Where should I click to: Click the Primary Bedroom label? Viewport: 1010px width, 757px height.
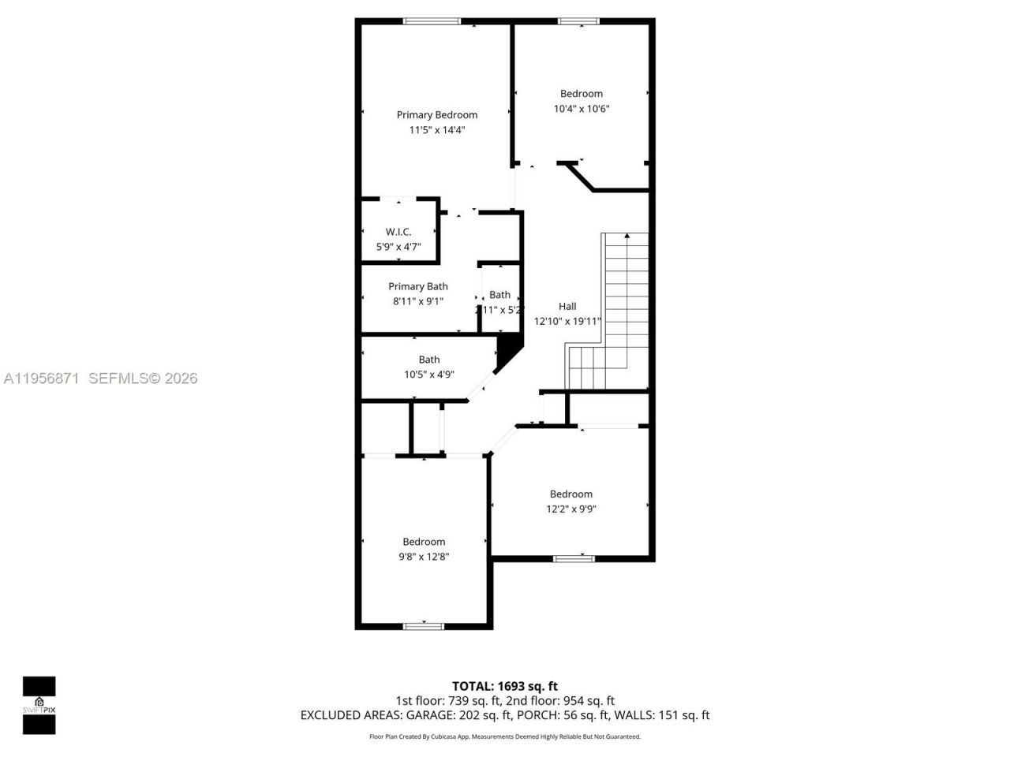(x=436, y=115)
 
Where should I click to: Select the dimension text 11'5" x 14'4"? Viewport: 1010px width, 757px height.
(x=436, y=130)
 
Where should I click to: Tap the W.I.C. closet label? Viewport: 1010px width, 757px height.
(x=398, y=232)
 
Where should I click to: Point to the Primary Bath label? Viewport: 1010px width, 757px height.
(x=417, y=286)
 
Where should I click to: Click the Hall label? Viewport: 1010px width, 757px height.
(x=567, y=306)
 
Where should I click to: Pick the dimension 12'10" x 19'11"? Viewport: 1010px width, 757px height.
(x=567, y=321)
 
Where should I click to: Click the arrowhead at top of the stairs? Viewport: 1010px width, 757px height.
(x=627, y=235)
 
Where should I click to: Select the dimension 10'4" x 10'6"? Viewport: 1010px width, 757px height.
(x=582, y=109)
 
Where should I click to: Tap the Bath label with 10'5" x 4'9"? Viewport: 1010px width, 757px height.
(x=429, y=360)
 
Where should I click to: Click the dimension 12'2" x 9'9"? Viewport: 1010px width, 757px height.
(x=570, y=509)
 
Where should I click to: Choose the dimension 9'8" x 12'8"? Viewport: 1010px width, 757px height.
(x=424, y=557)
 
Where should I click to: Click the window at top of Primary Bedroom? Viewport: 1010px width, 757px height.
(x=432, y=21)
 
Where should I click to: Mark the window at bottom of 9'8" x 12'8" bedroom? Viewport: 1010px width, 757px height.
(x=424, y=626)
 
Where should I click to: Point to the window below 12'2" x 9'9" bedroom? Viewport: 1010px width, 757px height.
(x=574, y=558)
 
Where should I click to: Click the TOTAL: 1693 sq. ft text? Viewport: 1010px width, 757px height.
(x=504, y=686)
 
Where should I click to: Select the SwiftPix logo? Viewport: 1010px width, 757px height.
(x=39, y=705)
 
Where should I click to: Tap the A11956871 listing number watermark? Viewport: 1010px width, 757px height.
(x=41, y=378)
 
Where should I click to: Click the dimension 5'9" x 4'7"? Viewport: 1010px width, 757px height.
(x=398, y=247)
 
